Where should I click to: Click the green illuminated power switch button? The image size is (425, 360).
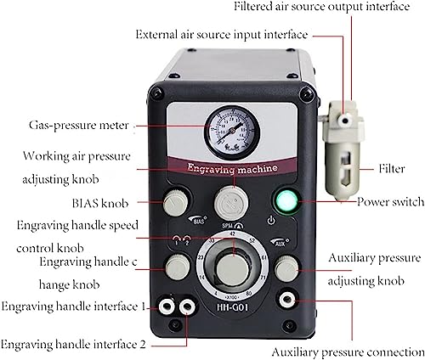[286, 201]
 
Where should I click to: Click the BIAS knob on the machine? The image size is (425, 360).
[175, 203]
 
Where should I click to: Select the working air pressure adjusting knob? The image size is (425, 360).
[231, 203]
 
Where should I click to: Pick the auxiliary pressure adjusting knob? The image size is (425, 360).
[286, 268]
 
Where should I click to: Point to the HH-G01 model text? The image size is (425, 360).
[232, 307]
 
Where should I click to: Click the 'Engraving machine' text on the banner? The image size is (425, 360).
[232, 169]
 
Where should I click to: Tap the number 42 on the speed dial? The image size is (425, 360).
[233, 233]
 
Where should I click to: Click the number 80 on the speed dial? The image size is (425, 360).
[249, 293]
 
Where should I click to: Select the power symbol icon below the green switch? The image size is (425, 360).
[271, 220]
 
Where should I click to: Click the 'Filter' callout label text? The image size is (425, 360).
[392, 169]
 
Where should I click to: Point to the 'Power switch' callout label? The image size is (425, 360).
[390, 202]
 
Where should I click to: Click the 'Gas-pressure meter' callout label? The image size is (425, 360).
[79, 126]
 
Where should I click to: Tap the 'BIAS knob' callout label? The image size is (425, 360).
[100, 203]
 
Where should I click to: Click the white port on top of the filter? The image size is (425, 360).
[344, 121]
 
